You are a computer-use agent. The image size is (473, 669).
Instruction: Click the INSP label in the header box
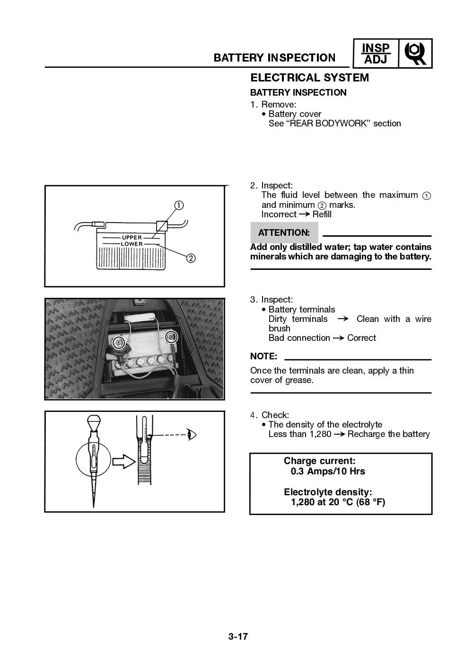(x=376, y=48)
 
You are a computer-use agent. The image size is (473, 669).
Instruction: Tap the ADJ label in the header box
(x=376, y=60)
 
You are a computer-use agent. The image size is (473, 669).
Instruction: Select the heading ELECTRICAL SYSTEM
(x=309, y=78)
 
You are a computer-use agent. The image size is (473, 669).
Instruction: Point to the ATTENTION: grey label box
(x=284, y=232)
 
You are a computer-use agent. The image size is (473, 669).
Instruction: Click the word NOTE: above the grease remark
(x=263, y=356)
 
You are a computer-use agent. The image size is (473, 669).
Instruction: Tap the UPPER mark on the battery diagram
(x=131, y=237)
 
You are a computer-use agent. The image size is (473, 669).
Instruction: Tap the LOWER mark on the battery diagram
(x=131, y=244)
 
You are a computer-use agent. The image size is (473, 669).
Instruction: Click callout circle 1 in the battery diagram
(x=179, y=205)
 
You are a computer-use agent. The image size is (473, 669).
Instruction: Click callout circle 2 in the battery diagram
(x=191, y=259)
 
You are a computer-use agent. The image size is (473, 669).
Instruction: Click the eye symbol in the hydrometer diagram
(x=192, y=434)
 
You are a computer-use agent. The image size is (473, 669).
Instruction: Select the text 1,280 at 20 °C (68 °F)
(x=338, y=502)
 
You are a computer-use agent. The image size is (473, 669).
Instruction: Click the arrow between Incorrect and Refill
(x=304, y=214)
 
